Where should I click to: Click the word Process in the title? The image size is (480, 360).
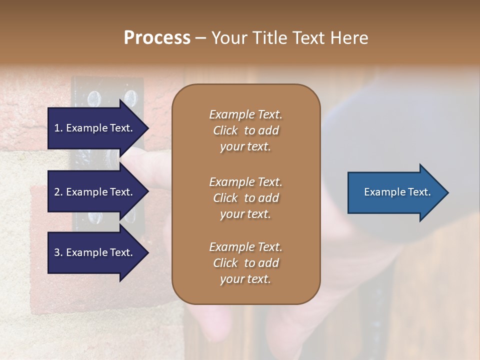157,38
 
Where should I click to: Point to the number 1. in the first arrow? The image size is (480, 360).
58,128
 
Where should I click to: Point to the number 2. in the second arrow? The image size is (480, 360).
58,192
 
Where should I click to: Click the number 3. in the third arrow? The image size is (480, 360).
58,253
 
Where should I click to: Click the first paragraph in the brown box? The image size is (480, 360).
245,130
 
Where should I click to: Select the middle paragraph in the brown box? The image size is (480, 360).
245,198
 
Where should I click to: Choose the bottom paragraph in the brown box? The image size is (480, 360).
245,263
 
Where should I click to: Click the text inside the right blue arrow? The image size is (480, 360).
397,192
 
